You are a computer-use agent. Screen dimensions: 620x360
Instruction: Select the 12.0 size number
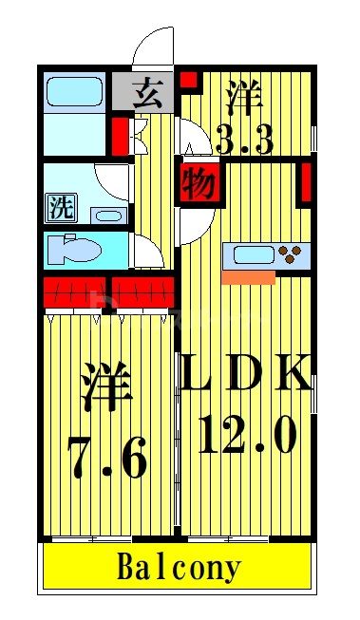click(x=248, y=437)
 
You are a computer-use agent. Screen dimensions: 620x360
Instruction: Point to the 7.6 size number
click(x=106, y=462)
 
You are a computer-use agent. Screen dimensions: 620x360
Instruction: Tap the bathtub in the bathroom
click(x=75, y=92)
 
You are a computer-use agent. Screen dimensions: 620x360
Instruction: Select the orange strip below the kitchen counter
click(x=248, y=277)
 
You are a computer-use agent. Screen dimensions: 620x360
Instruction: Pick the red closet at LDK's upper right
click(x=305, y=184)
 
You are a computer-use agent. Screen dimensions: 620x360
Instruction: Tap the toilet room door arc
click(x=147, y=251)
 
